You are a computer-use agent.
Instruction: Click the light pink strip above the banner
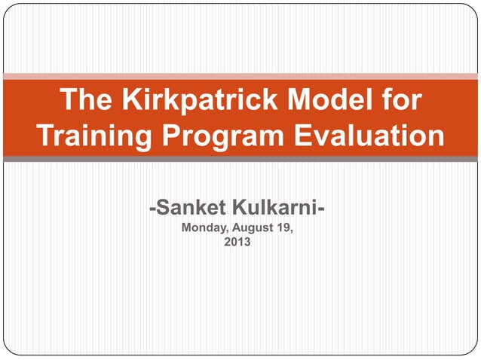(x=240, y=77)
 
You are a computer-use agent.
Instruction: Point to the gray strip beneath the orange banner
(x=240, y=159)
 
